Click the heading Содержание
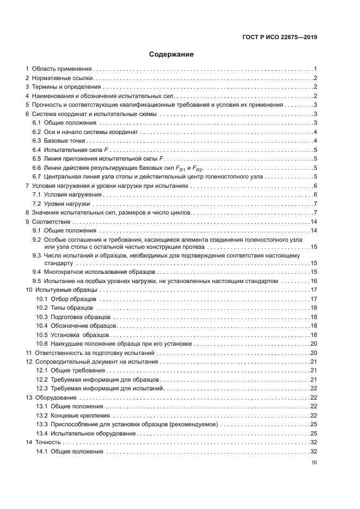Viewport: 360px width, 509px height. (172, 54)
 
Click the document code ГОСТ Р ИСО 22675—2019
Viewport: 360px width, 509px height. (280, 38)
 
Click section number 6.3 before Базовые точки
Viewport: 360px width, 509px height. (36, 141)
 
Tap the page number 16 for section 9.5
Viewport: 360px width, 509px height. (314, 281)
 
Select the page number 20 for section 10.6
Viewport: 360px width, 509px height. (314, 344)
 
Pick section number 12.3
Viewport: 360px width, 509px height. (42, 389)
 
